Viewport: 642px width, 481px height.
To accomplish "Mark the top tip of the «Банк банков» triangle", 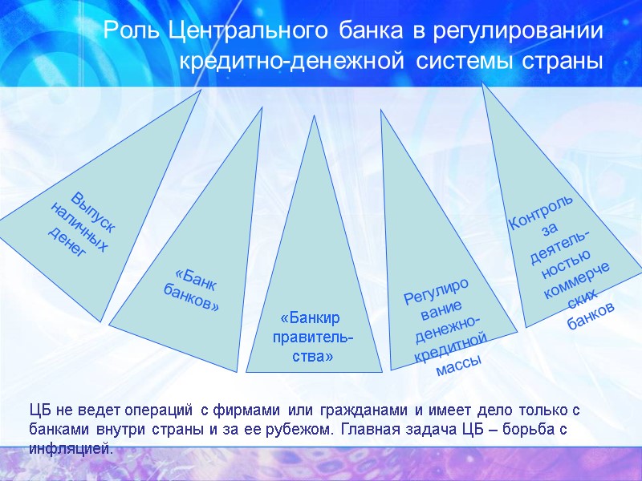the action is [262, 108].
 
